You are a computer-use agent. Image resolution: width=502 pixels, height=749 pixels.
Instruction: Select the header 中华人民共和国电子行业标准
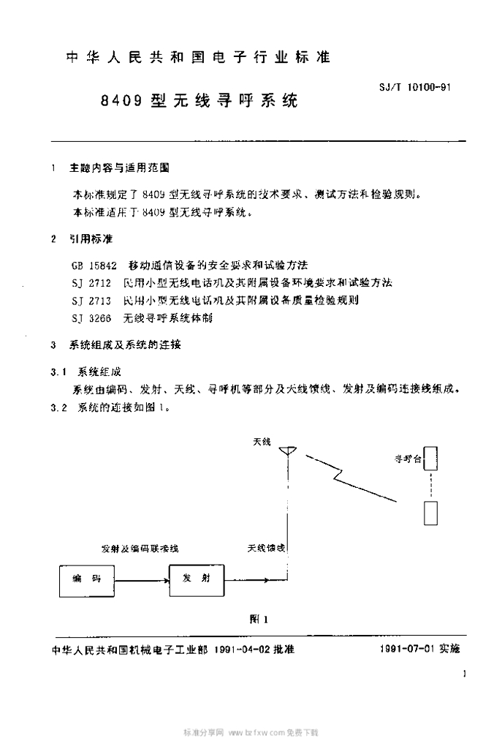click(x=198, y=57)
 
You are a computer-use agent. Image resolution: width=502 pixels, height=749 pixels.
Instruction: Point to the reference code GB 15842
click(x=94, y=263)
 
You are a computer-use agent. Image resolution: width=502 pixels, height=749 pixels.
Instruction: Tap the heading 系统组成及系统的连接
click(x=125, y=345)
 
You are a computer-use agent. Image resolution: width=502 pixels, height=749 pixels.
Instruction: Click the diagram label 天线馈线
click(x=266, y=547)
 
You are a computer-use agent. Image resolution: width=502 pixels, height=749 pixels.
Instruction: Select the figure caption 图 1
click(x=259, y=619)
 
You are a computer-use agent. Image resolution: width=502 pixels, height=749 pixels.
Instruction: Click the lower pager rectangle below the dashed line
click(x=431, y=512)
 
